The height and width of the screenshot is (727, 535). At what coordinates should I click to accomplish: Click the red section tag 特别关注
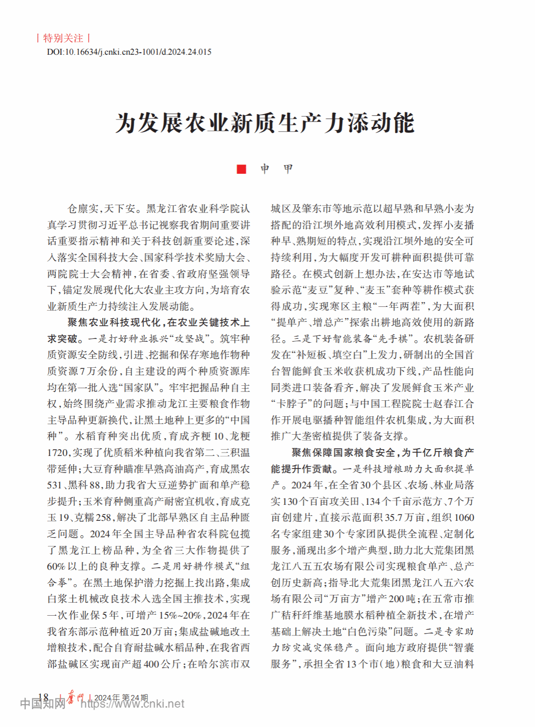[63, 38]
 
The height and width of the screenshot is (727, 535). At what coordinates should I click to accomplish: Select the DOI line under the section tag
[129, 52]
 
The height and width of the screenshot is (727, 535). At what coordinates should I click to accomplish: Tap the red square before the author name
[241, 169]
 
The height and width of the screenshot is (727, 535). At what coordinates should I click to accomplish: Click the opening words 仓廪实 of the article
[83, 209]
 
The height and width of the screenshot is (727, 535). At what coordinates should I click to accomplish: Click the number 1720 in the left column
[59, 453]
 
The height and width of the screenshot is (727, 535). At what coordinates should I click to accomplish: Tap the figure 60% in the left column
[56, 566]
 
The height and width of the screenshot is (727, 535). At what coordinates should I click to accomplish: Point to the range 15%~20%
[180, 615]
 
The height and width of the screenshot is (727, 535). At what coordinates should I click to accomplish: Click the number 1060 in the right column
[464, 517]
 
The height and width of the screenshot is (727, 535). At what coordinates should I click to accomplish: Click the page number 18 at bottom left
[43, 697]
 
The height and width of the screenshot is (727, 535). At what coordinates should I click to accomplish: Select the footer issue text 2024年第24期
[121, 697]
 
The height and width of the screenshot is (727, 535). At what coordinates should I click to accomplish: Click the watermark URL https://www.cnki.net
[132, 704]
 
